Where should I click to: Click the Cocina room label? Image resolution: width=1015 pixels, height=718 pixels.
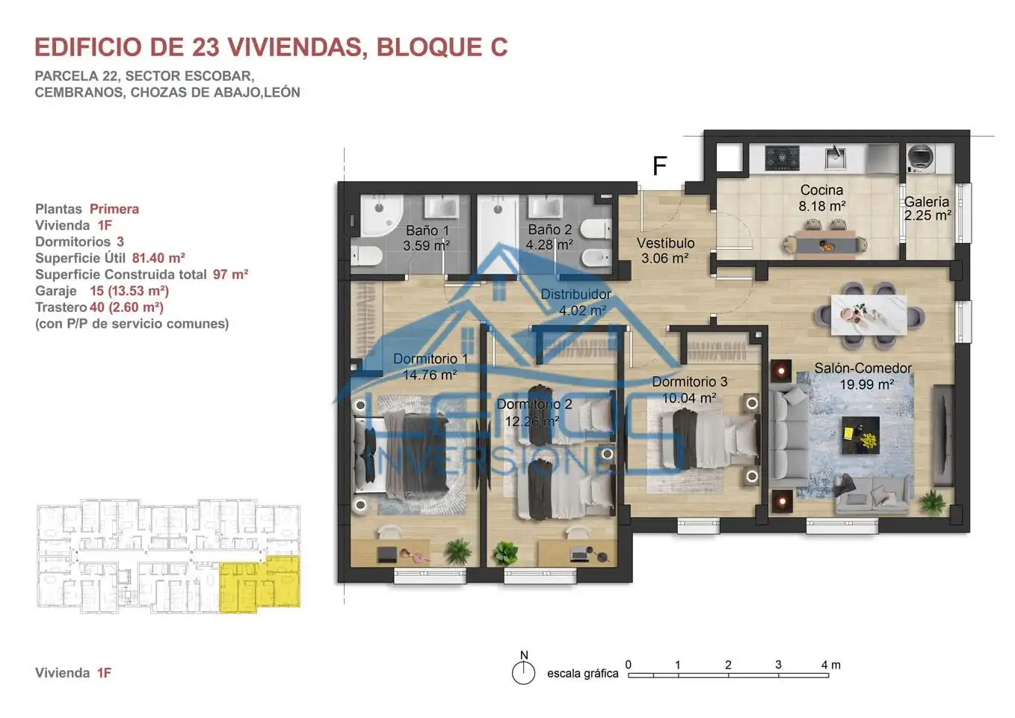821,190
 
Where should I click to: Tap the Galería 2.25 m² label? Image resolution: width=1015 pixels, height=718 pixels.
927,208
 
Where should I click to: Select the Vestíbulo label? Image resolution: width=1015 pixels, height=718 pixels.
665,243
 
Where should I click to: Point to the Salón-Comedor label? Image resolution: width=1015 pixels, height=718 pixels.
863,368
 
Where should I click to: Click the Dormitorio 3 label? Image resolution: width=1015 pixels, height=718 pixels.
689,381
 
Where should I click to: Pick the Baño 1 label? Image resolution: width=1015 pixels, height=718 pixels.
428,230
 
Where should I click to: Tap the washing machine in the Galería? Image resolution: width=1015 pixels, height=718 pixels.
920,158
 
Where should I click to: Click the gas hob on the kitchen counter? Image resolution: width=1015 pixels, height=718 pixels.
782,158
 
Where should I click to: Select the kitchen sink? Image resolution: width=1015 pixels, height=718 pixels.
835,157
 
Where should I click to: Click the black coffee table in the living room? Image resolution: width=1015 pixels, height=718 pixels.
861,435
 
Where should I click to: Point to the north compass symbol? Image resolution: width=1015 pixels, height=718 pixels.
524,668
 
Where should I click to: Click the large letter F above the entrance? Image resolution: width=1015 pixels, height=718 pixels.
660,165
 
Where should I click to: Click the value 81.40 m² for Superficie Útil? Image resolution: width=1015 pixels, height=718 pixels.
158,258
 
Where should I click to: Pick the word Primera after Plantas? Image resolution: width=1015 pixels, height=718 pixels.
114,209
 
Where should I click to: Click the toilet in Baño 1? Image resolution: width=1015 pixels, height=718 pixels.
366,255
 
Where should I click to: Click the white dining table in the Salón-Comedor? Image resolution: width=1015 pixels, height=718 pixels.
869,315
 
